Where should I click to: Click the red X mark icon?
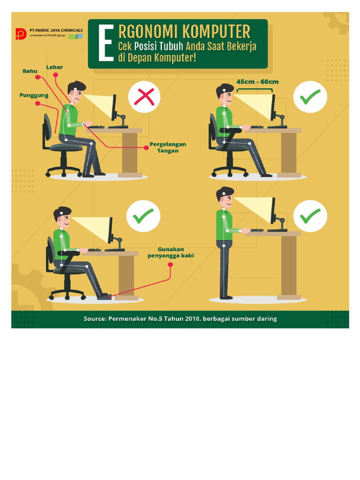[144, 98]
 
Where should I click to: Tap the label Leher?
[54, 67]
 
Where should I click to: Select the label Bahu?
[30, 71]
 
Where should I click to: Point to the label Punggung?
[34, 95]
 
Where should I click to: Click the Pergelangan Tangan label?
[168, 147]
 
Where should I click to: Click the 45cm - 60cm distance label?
[257, 82]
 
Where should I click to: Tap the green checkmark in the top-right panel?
[310, 98]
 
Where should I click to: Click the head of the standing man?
[225, 197]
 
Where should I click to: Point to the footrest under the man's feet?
[105, 296]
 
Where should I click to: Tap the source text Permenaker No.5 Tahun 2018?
[180, 319]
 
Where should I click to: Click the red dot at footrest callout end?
[170, 265]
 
